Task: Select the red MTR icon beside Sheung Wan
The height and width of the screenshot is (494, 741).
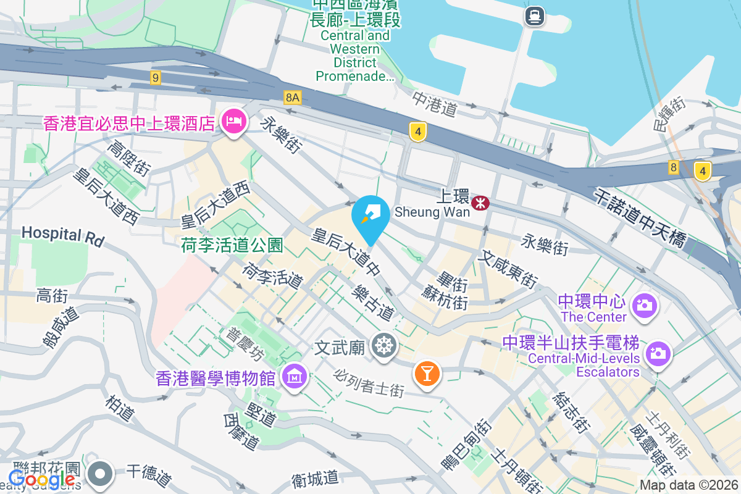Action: (480, 203)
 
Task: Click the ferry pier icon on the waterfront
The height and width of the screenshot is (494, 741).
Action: (534, 15)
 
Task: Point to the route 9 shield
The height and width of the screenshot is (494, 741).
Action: (155, 78)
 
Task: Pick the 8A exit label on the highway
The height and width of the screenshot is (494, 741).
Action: (293, 97)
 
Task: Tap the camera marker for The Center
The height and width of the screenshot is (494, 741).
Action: (643, 305)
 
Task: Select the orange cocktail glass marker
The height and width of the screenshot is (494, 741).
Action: (426, 373)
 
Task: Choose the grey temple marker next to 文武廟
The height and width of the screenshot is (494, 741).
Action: (384, 345)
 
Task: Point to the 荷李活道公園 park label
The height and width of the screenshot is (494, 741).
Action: (232, 246)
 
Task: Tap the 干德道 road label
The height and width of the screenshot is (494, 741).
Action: (148, 475)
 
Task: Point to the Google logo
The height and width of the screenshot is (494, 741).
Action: (42, 479)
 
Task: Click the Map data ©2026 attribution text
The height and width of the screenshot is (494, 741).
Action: (689, 485)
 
